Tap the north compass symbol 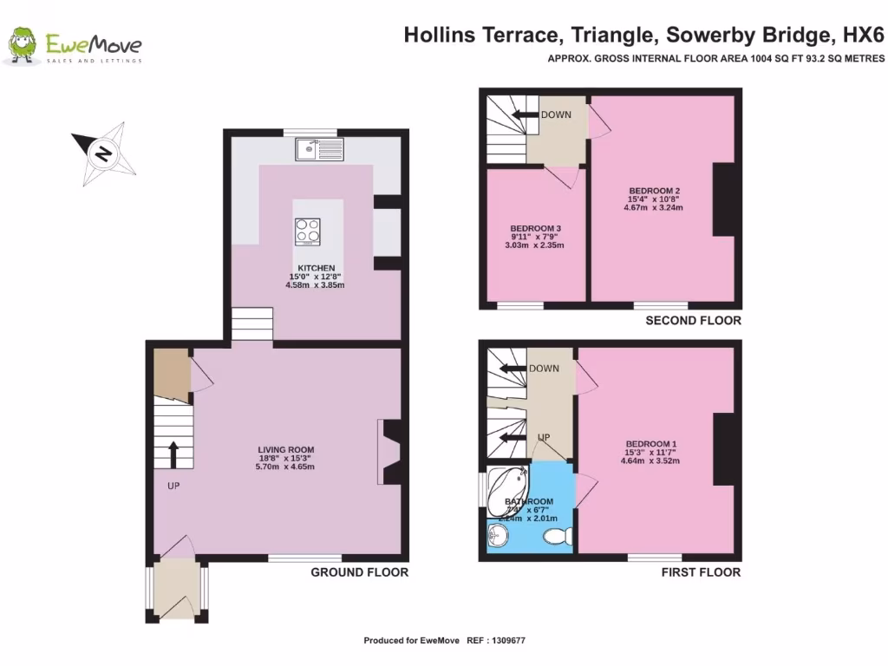pos(101,154)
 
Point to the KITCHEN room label pos(316,268)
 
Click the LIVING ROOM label pos(285,450)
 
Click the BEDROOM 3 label pos(529,229)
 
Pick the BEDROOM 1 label pos(650,444)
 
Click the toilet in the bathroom pos(554,537)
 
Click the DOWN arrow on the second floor pos(525,115)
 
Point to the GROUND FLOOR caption pos(360,572)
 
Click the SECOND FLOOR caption pos(693,321)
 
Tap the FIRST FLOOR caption pos(701,572)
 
